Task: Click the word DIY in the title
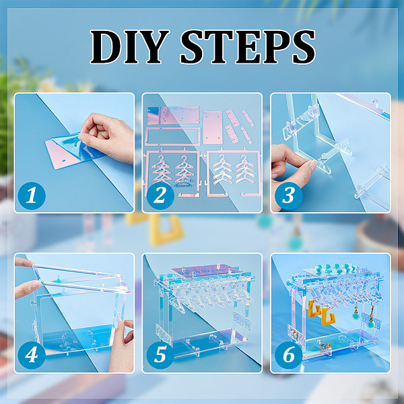pos(129,46)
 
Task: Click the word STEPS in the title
pos(248,46)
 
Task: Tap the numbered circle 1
pos(32,195)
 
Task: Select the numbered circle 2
pos(160,195)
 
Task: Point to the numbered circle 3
pos(289,195)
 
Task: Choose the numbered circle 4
pos(32,355)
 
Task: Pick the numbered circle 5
pos(160,355)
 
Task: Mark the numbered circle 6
pos(289,355)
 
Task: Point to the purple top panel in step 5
pos(206,272)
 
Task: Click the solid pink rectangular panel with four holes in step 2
pos(213,127)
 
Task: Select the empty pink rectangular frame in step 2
pos(173,136)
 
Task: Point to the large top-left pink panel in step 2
pos(173,115)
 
